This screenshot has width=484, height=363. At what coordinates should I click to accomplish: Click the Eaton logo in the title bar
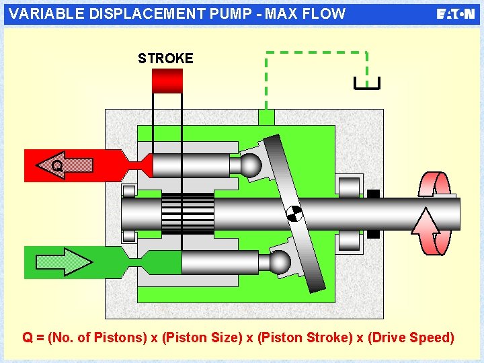(x=455, y=14)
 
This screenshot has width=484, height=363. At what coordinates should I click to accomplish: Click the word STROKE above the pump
(x=165, y=58)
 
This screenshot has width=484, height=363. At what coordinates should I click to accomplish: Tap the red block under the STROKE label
(x=167, y=81)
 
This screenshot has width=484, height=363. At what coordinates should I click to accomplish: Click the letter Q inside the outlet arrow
(x=58, y=165)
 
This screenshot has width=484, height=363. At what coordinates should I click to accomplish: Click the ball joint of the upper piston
(x=251, y=165)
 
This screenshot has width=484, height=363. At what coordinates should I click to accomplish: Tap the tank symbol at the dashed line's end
(x=367, y=83)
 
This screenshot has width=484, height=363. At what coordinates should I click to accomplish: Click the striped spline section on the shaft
(x=188, y=214)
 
